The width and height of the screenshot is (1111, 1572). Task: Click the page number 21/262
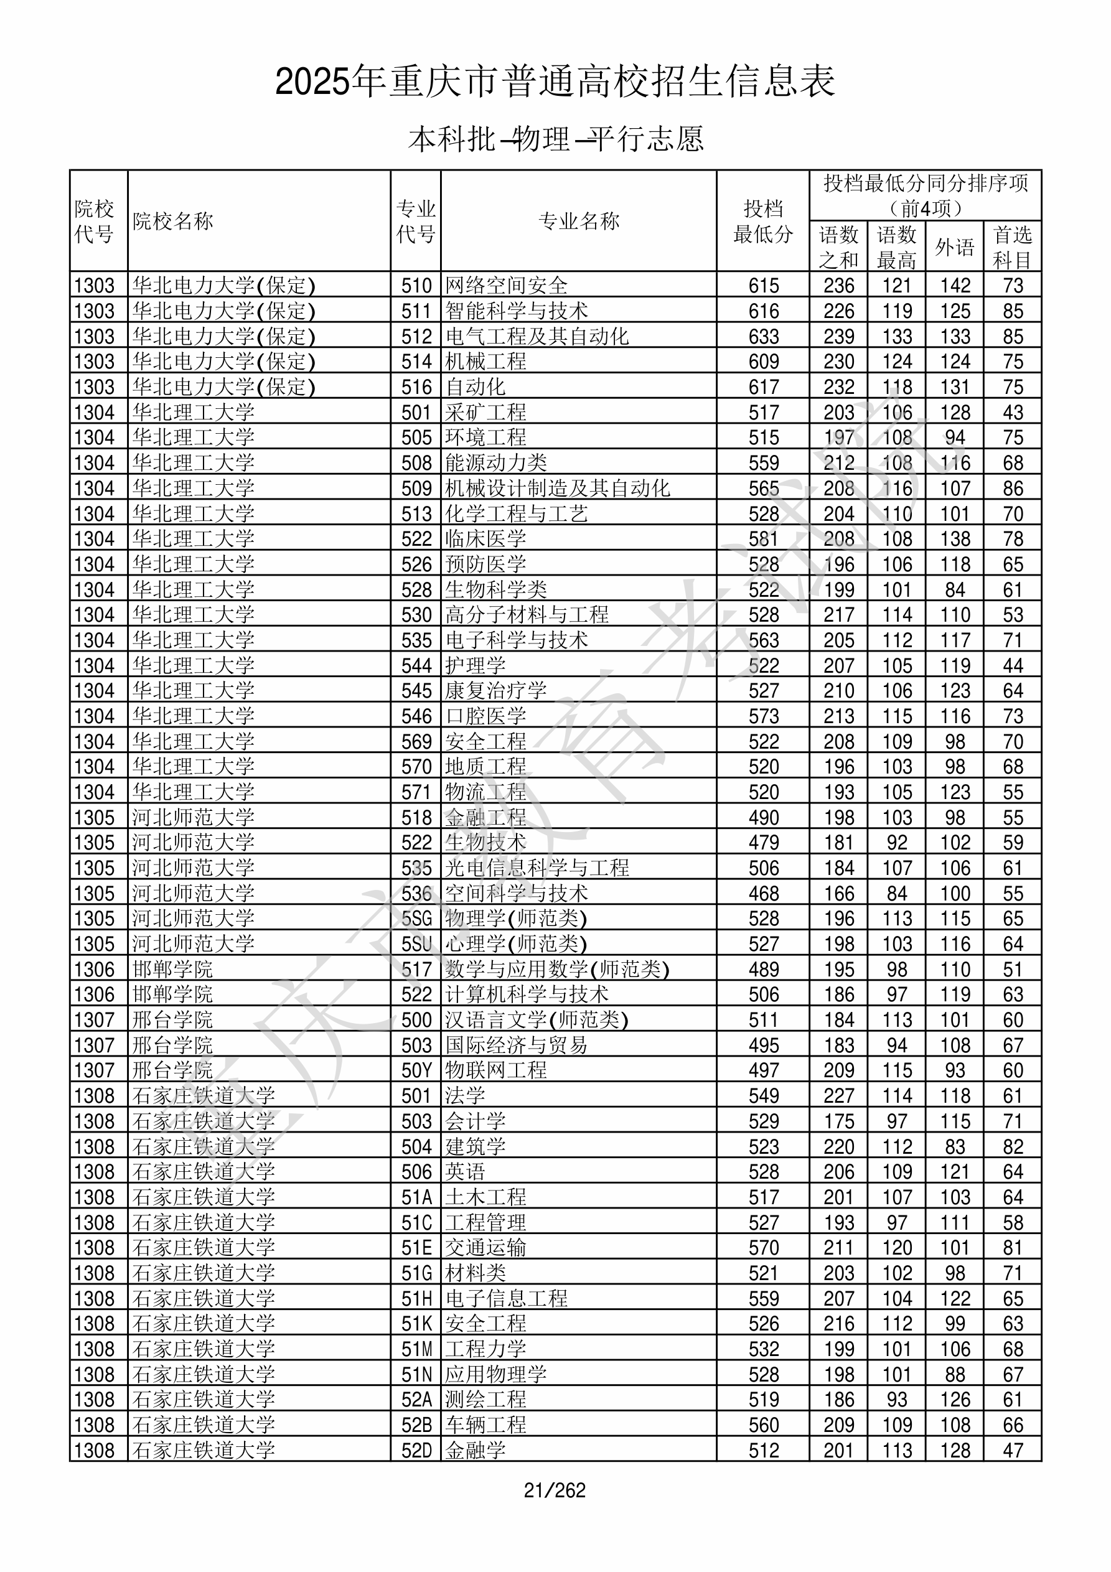pos(555,1490)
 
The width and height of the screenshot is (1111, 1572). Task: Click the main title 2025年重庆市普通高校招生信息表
pos(555,82)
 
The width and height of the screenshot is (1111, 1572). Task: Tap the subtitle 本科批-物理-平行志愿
pos(555,139)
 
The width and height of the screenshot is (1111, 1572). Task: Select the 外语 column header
pos(955,246)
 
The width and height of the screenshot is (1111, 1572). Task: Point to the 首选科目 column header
pos(1013,246)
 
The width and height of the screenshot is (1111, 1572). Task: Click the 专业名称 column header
pos(579,220)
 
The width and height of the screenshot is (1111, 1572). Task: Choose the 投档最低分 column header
pos(763,220)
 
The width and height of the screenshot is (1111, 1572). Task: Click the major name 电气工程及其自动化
pos(537,336)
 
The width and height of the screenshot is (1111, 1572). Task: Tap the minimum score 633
pos(764,336)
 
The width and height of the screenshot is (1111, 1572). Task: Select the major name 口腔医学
pos(485,716)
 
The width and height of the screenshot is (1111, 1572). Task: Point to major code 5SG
pos(416,918)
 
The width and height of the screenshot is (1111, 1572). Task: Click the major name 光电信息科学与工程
pos(537,868)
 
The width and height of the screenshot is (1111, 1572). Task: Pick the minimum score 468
pos(764,893)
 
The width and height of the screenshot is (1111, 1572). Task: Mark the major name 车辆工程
pos(485,1425)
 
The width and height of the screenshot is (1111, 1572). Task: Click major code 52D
pos(416,1450)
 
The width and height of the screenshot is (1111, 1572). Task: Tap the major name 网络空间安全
pos(506,285)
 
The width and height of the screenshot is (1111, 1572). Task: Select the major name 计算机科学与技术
pos(527,994)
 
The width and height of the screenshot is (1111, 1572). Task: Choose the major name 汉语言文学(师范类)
pos(537,1019)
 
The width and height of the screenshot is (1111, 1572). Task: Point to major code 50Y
pos(416,1070)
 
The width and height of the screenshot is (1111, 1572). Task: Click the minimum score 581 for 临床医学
pos(764,539)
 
